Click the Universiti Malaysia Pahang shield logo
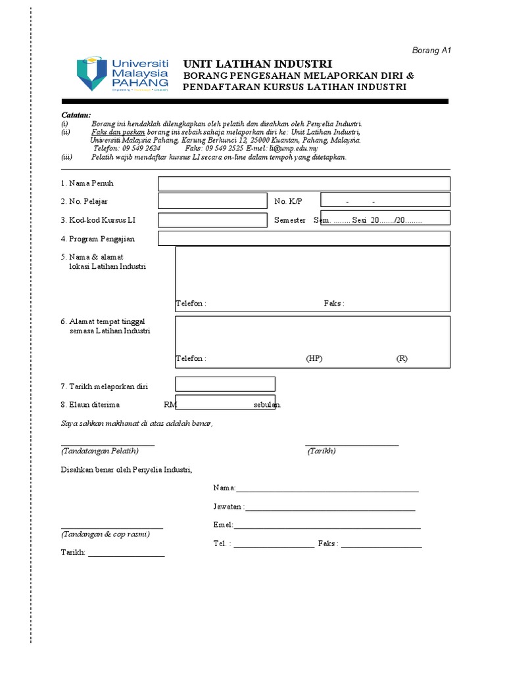[x=91, y=73]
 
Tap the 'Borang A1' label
[x=431, y=50]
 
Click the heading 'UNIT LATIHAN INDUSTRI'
[x=257, y=64]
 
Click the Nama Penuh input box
[x=304, y=183]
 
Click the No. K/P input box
[x=385, y=200]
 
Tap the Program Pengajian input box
[x=304, y=238]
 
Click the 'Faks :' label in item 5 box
[x=334, y=303]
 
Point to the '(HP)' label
[x=314, y=359]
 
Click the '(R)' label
[x=402, y=359]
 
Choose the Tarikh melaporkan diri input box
[x=225, y=384]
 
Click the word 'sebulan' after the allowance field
[x=267, y=405]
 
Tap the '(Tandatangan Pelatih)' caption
[x=99, y=452]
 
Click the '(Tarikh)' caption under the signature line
[x=322, y=452]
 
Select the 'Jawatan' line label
[x=228, y=507]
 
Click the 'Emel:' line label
[x=223, y=525]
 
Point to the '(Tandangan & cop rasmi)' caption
[x=105, y=534]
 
